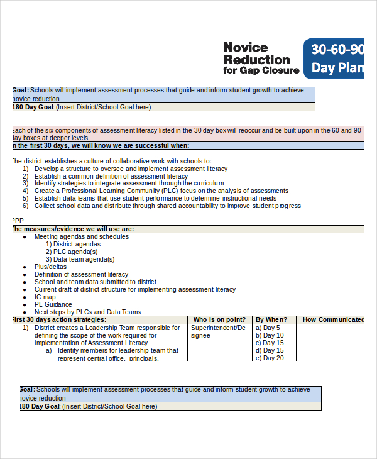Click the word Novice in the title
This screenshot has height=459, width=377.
click(246, 48)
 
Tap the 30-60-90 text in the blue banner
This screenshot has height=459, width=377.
click(338, 50)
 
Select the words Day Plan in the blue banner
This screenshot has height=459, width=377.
click(338, 68)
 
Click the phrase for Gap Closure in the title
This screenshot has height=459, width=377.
click(261, 70)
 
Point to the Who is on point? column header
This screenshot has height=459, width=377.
click(219, 319)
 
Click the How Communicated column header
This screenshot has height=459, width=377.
click(333, 319)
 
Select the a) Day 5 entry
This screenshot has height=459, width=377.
click(268, 328)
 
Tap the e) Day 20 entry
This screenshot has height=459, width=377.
click(270, 358)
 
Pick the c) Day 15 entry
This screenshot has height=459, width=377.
click(270, 343)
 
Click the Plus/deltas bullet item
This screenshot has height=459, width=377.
click(50, 267)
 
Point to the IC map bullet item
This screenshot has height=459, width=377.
click(45, 297)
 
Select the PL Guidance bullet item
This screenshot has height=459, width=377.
click(53, 304)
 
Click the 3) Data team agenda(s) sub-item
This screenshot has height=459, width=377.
click(80, 259)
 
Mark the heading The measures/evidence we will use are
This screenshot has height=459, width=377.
click(73, 229)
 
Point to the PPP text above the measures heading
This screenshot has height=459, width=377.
click(17, 221)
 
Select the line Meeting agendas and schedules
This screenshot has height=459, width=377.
click(82, 236)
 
